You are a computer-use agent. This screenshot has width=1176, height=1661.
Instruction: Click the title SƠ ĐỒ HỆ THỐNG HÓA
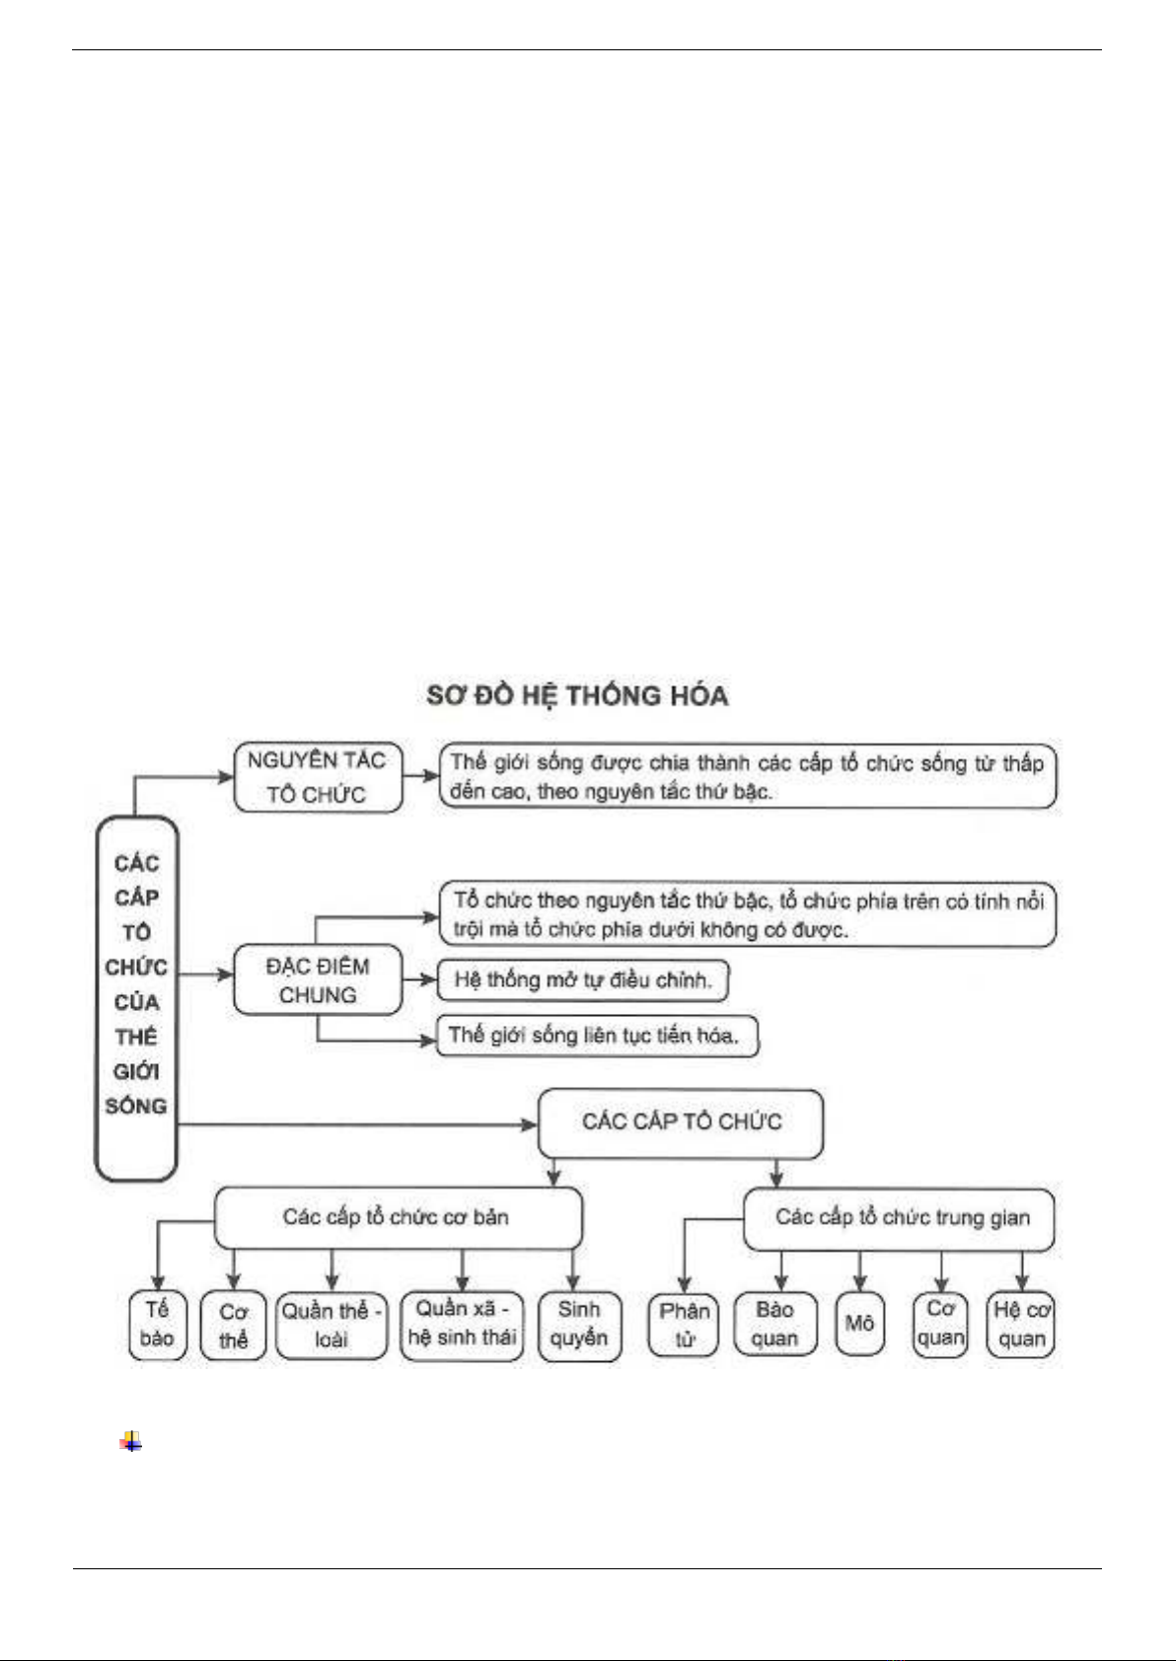(x=577, y=696)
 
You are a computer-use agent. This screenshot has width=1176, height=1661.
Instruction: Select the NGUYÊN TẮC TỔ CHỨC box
(x=318, y=777)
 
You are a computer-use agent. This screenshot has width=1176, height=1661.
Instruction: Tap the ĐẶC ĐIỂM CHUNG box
(x=318, y=980)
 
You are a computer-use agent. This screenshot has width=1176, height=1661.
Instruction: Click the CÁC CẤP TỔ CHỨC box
(x=681, y=1122)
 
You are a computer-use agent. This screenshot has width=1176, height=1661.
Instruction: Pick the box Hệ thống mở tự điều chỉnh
(x=583, y=980)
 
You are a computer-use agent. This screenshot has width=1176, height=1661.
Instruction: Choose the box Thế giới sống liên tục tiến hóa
(x=597, y=1036)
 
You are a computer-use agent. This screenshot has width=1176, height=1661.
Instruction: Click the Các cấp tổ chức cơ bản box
(x=398, y=1217)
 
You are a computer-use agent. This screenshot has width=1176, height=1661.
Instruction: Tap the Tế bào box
(x=157, y=1325)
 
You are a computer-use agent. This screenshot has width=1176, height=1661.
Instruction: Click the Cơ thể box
(x=233, y=1326)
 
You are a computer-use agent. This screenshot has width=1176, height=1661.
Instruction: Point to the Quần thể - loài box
(x=331, y=1326)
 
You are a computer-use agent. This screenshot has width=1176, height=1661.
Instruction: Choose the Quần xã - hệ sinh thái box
(x=462, y=1324)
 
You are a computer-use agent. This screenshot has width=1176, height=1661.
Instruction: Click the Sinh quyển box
(x=579, y=1325)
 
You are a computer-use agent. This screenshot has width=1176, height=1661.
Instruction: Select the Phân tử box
(x=685, y=1325)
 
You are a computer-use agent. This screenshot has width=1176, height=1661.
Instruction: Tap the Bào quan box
(x=775, y=1325)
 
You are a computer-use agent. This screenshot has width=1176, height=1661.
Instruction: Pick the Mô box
(x=859, y=1324)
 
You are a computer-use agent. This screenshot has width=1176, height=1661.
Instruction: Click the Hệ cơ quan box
(x=1021, y=1325)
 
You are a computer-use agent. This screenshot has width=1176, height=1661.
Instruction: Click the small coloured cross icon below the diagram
(x=130, y=1442)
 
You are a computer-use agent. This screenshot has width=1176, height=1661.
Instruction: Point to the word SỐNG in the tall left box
(x=136, y=1106)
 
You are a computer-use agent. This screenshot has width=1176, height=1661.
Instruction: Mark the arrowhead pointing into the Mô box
(x=859, y=1284)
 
